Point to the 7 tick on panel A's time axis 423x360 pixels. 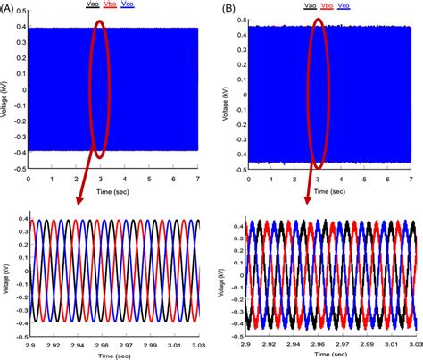click(198, 179)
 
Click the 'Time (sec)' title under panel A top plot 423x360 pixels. click(113, 191)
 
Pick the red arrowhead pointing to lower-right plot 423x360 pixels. click(309, 200)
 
